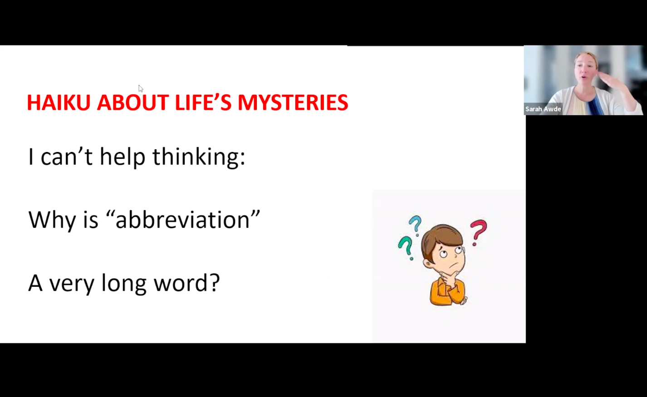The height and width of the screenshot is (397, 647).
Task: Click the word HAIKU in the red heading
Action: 59,103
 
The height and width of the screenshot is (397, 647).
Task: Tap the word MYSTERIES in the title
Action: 293,103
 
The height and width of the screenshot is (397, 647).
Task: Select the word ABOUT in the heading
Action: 133,103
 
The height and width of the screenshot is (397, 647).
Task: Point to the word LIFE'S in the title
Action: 203,103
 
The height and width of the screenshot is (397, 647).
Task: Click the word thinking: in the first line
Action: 199,157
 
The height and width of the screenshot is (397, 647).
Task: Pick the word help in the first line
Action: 123,157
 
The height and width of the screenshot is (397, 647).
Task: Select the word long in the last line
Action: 124,283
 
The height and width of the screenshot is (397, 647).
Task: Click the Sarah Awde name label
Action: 543,109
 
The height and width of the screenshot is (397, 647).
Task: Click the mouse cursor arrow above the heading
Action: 141,88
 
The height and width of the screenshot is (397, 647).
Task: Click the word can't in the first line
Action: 67,157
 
